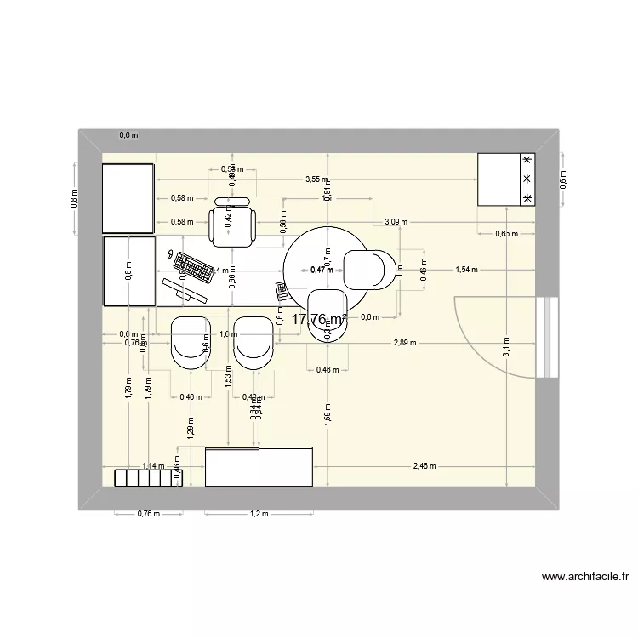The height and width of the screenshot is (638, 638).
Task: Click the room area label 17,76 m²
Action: pos(319,320)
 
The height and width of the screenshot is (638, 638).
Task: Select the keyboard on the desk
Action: pos(195,270)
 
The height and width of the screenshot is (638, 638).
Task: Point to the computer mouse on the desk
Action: pos(168,254)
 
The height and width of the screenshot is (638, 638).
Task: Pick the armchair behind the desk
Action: pos(233,224)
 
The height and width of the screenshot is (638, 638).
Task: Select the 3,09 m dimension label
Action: pos(396,222)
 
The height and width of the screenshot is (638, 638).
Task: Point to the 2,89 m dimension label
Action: pos(405,342)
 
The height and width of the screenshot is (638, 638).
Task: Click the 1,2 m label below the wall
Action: pos(259,514)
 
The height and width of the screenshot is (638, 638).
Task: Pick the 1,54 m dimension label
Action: pos(467,270)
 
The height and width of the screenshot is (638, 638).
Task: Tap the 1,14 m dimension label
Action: pos(154,466)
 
